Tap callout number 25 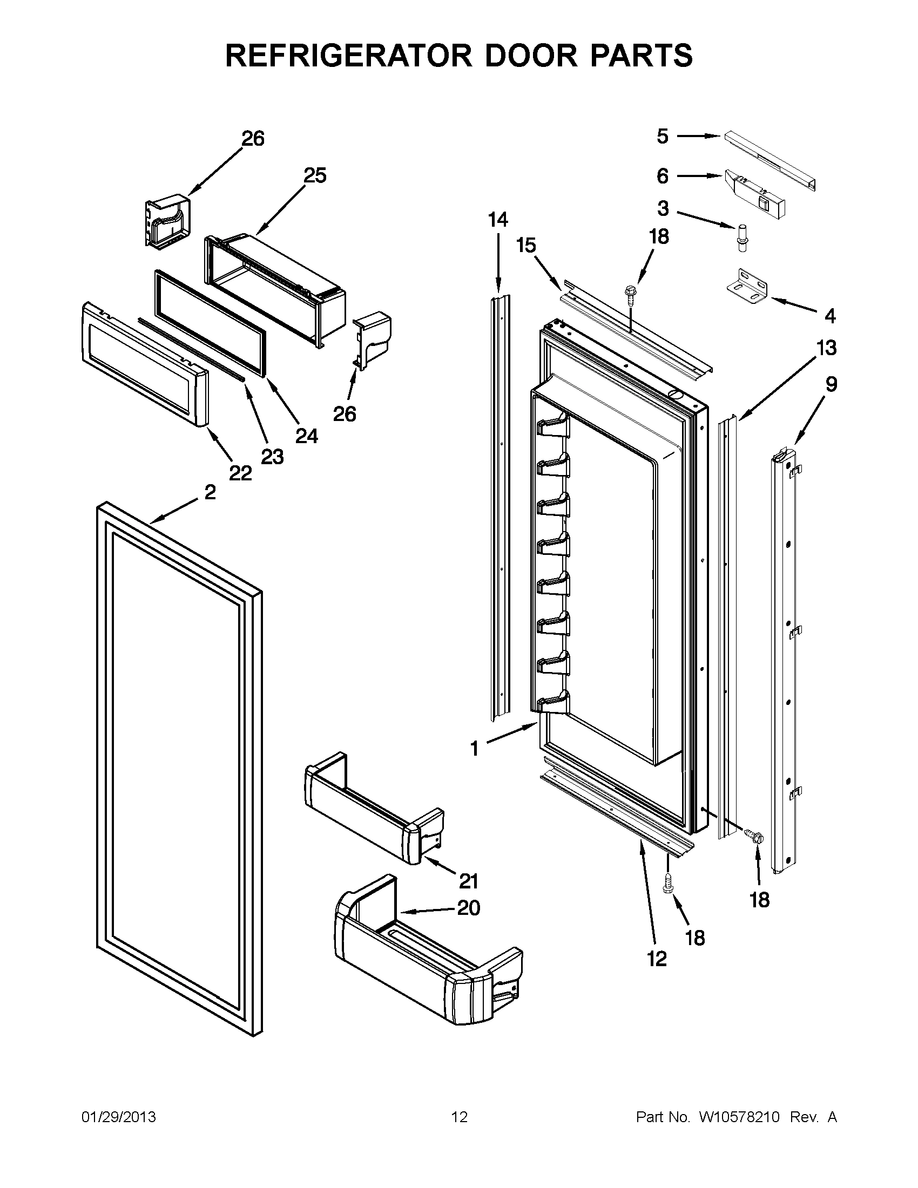(314, 176)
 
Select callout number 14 (498, 220)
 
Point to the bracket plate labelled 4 (747, 285)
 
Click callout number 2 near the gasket (210, 492)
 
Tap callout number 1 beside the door (475, 749)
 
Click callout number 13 (826, 347)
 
